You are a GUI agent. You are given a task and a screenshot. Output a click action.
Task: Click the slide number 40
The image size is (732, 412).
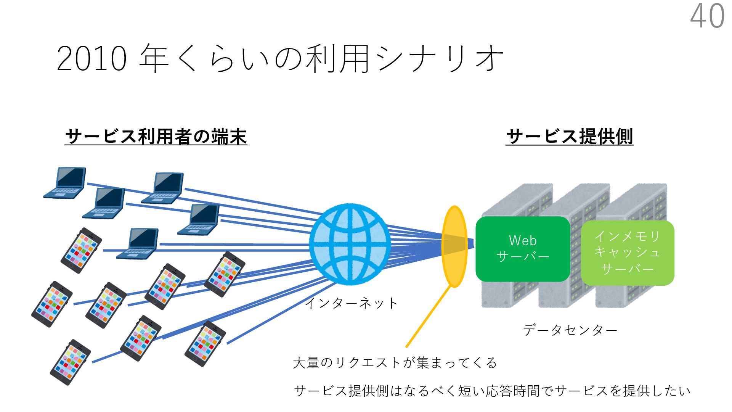[x=707, y=16]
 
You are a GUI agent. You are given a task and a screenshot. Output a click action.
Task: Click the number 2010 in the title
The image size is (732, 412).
[x=91, y=59]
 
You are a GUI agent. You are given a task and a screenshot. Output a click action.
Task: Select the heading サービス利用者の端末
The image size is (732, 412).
[x=156, y=137]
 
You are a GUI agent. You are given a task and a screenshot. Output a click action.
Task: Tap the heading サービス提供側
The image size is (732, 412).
[x=569, y=137]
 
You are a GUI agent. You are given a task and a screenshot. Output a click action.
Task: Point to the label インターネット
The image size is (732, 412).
[x=351, y=303]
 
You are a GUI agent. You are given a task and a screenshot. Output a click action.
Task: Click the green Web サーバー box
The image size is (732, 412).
[x=523, y=249]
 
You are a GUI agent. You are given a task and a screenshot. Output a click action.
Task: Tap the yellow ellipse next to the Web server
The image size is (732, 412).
[x=454, y=246]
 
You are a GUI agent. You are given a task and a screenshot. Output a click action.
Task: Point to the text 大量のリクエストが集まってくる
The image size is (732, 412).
[x=395, y=362]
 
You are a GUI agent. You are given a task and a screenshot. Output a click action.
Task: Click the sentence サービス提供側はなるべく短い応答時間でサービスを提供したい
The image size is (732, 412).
[x=492, y=391]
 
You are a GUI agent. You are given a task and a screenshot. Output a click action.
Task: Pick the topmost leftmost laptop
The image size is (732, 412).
[x=66, y=182]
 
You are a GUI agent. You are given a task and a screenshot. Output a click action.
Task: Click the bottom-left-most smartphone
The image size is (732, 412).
[x=71, y=362]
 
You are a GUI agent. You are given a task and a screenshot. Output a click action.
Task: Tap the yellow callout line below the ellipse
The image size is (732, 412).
[x=429, y=317]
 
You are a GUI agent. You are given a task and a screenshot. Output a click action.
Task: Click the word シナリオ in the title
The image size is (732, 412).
[x=438, y=59]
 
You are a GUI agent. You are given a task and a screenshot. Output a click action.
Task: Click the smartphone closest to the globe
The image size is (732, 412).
[x=225, y=274]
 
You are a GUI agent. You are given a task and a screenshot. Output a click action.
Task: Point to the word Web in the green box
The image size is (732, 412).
[x=523, y=241]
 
